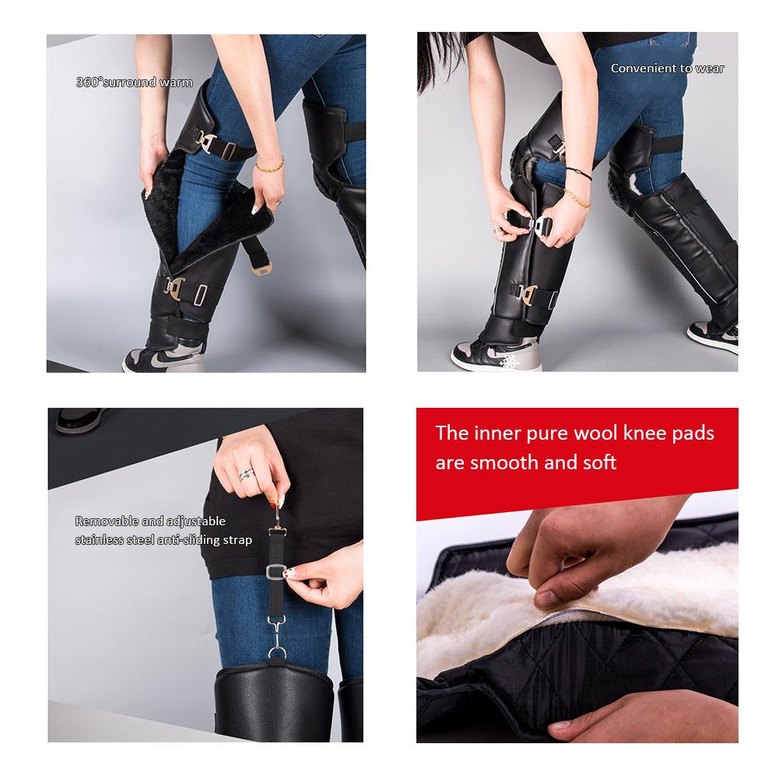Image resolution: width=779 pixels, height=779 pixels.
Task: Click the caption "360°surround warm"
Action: [134, 82]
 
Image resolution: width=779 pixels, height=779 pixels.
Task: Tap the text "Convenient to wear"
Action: [667, 68]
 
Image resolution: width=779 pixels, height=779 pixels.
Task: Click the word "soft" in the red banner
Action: [599, 462]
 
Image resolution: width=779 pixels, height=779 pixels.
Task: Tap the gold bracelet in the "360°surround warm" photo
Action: [270, 166]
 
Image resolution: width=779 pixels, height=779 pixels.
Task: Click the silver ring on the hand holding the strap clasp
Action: [247, 475]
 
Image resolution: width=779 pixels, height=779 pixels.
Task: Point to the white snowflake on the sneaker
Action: [509, 361]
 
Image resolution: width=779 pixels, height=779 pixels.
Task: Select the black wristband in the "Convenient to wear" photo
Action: [579, 173]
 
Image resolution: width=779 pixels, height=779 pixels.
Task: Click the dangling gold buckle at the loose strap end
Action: [261, 268]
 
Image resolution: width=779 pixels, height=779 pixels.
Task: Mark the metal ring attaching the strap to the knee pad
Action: [277, 652]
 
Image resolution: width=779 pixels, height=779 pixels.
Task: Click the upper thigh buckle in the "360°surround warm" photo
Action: [205, 142]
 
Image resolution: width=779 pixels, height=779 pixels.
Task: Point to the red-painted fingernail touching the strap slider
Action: [288, 573]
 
